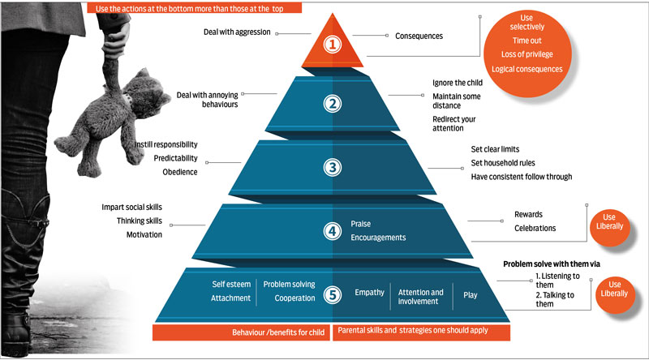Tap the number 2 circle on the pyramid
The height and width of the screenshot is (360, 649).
(x=332, y=104)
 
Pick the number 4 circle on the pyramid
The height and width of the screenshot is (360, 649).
(x=332, y=230)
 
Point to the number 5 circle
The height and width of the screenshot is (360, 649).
(x=332, y=294)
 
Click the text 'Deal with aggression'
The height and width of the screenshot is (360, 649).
(x=237, y=33)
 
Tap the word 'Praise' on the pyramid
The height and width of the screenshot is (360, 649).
(x=362, y=223)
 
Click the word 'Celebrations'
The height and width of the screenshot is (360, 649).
(x=535, y=228)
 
